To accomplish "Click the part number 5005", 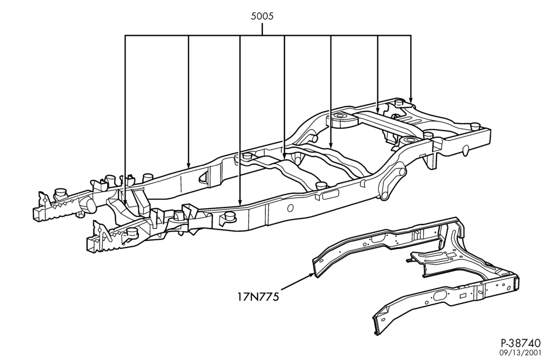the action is coord(262,16).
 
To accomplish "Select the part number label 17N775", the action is coord(258,297).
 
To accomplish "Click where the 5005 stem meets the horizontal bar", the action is coord(262,35).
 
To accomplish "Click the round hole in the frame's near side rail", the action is coord(290,208).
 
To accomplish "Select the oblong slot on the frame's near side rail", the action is coord(330,194).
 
